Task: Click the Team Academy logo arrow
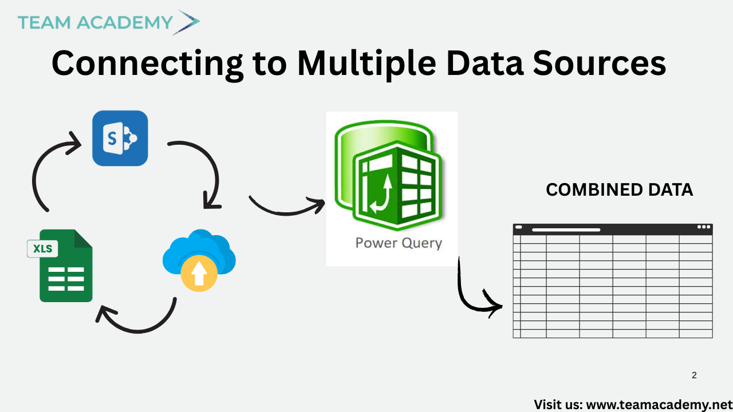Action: [x=188, y=22]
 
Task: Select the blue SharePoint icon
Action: [x=120, y=138]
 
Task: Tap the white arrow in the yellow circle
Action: [x=199, y=275]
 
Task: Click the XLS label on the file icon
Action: [x=43, y=249]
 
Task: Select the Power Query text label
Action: [x=399, y=243]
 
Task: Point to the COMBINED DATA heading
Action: [x=619, y=190]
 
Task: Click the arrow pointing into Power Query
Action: [x=286, y=207]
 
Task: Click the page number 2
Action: [x=694, y=375]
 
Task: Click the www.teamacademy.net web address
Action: [x=659, y=405]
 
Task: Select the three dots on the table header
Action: [x=704, y=227]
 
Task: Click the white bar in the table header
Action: [x=566, y=229]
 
